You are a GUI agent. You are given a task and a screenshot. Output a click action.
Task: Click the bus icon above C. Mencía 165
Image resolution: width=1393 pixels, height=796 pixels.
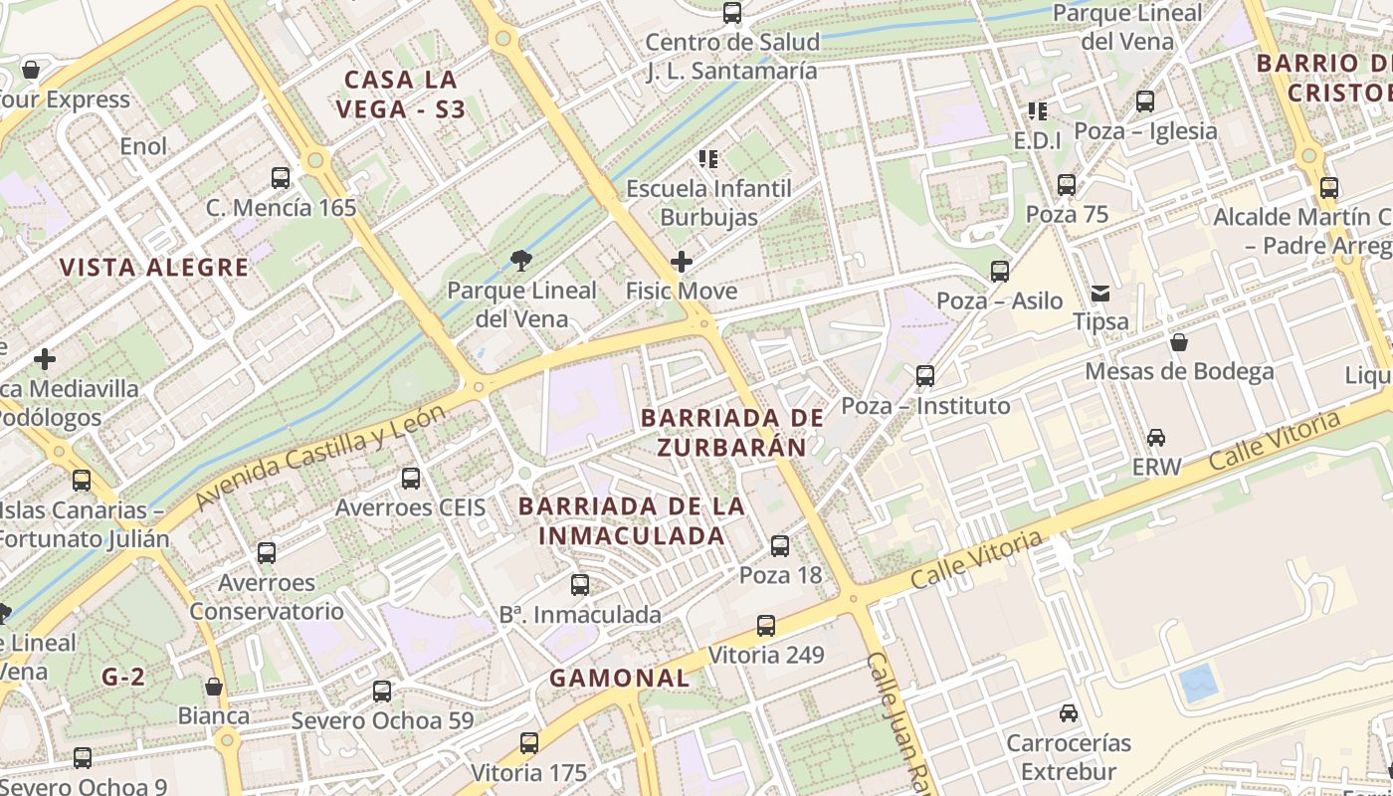281,178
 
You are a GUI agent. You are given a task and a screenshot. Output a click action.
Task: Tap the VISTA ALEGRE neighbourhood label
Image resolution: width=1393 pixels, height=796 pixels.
154,267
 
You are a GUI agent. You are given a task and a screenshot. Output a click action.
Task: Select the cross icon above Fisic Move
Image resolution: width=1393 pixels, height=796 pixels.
682,262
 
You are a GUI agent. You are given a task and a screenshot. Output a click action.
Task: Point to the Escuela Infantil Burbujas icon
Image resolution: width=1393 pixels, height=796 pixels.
708,158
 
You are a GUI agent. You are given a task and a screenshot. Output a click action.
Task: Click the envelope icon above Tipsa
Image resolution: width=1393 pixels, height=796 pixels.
1100,293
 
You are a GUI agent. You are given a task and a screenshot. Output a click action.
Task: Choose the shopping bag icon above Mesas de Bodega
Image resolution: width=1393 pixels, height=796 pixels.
1179,342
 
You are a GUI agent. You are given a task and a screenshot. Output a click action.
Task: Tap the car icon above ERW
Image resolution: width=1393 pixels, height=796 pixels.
1156,438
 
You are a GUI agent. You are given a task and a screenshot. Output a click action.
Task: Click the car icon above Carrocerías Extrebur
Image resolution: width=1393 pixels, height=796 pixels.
1069,713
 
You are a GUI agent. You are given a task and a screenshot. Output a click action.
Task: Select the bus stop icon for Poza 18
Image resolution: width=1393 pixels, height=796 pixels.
780,545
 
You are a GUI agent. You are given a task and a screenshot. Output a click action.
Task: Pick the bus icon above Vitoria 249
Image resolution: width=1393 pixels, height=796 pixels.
766,626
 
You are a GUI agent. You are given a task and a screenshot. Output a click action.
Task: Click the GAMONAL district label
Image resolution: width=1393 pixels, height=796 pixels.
620,678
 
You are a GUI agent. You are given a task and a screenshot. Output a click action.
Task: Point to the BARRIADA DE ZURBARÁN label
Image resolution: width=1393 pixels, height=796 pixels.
732,432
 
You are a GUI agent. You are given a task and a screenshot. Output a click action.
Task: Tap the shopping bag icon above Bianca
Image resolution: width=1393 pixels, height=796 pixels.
214,687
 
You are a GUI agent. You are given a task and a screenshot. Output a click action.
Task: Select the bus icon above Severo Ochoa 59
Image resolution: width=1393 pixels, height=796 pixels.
382,692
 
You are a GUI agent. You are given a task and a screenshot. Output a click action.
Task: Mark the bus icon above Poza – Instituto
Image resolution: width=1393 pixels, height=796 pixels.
925,376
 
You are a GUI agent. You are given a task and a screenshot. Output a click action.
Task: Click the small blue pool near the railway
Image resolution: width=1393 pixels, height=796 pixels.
1197,684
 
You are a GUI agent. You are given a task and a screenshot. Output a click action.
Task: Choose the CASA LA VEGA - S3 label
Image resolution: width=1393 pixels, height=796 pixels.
401,94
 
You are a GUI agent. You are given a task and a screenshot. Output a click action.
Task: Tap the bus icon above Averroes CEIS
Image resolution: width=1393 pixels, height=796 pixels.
411,479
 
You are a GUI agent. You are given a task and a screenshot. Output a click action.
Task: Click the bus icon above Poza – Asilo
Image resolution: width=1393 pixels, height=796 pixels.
1000,272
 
